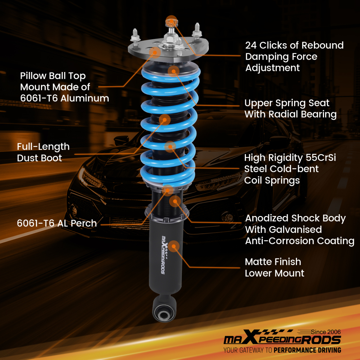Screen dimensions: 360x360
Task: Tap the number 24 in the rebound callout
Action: point(252,45)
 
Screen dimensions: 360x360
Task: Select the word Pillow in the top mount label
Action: point(33,76)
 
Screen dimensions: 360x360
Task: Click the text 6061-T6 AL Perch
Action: point(57,223)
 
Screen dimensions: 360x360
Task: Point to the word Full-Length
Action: point(43,147)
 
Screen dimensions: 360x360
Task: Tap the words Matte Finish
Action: point(273,262)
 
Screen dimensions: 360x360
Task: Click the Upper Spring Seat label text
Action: point(287,103)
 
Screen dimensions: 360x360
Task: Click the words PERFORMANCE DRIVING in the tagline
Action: point(307,350)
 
